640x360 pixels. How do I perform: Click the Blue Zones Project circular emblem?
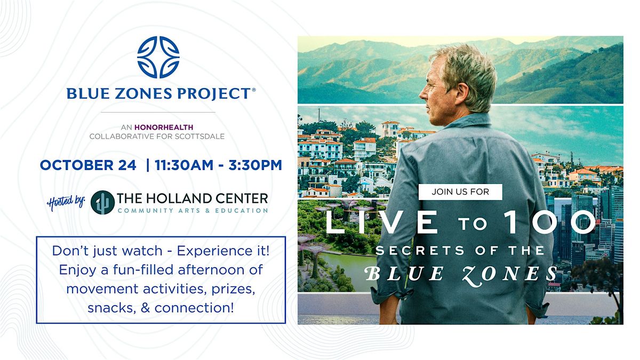158,57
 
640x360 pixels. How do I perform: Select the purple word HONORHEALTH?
164,127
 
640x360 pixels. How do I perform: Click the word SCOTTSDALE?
199,137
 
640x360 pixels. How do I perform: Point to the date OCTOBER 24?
88,165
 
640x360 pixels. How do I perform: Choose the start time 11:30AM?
184,165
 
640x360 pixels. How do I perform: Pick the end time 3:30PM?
255,165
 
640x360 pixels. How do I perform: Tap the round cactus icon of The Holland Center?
102,202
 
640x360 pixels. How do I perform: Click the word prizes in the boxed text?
233,289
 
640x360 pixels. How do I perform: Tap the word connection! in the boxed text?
194,308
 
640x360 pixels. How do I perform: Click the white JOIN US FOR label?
460,191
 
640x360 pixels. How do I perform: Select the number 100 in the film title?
549,222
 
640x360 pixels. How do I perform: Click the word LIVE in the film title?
382,222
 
